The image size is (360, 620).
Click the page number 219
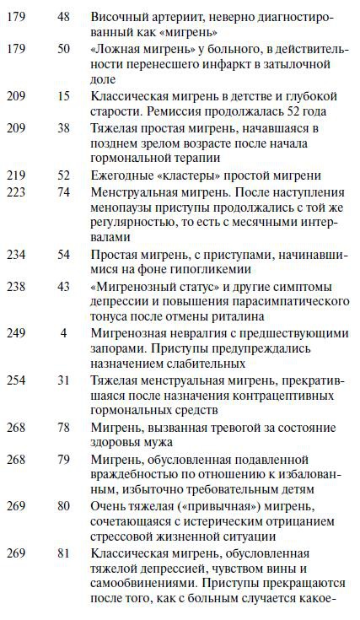pyautogui.click(x=17, y=175)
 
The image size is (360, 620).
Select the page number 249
pyautogui.click(x=17, y=332)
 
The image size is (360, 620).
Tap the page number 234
pyautogui.click(x=17, y=254)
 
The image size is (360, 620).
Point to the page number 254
pyautogui.click(x=17, y=380)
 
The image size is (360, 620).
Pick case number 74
pyautogui.click(x=62, y=191)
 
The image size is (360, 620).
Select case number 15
pyautogui.click(x=62, y=97)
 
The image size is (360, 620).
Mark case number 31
pyautogui.click(x=62, y=380)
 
